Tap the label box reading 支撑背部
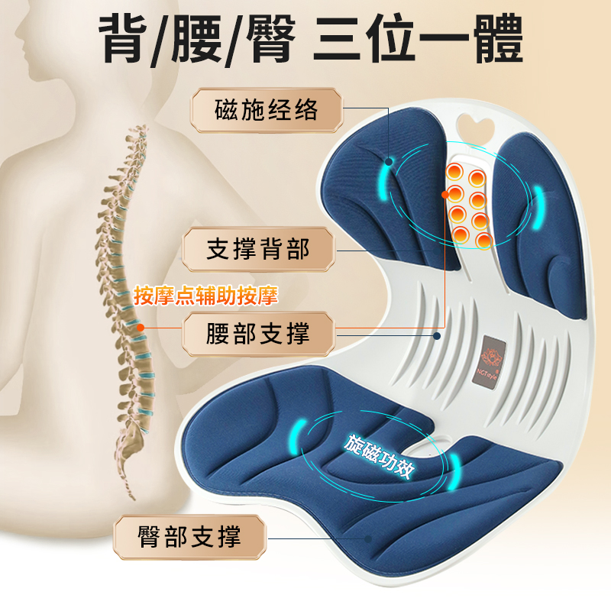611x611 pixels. click(x=258, y=249)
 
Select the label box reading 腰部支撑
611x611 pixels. click(x=258, y=334)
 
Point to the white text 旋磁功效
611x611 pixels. click(x=380, y=457)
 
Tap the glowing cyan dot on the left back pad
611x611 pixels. click(x=390, y=162)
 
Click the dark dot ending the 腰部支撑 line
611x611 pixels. click(x=437, y=335)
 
